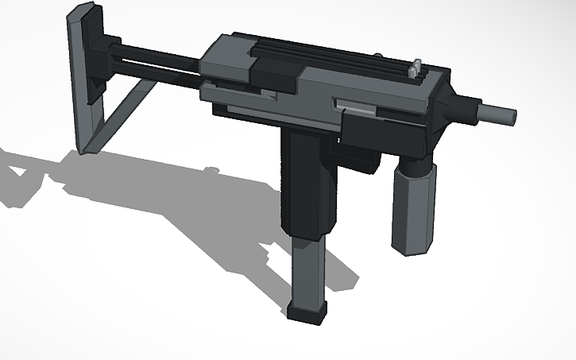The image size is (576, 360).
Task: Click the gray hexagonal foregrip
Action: click(413, 209)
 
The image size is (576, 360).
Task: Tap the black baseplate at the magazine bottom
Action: click(308, 312)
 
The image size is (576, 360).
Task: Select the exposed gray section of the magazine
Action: click(309, 270)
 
